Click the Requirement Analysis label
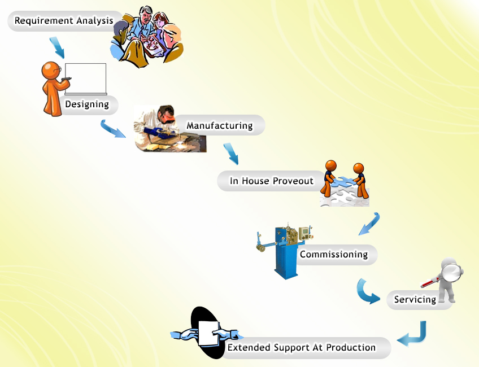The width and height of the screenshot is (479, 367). point(64,20)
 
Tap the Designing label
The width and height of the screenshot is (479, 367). point(87,104)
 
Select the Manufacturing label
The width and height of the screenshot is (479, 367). point(220,125)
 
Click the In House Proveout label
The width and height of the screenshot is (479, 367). point(272,181)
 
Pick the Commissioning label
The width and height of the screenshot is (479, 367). point(334,254)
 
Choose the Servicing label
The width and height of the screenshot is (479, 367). point(415,299)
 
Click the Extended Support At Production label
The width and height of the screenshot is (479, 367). point(302,347)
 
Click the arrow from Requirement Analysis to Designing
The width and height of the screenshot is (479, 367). point(58,47)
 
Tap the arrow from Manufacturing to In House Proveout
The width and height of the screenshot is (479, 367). point(232,154)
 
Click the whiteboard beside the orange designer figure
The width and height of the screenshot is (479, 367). point(85,79)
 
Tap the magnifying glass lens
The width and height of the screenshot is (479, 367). point(451,273)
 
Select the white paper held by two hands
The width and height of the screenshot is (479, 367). point(208,333)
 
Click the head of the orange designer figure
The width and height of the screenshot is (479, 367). point(51,71)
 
